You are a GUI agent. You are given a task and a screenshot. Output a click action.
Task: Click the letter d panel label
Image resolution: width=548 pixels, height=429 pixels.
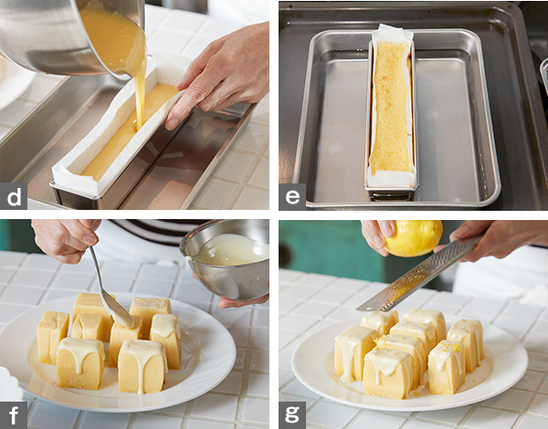click(14, 196)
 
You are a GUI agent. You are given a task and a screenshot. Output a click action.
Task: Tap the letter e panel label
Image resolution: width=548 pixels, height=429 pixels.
click(292, 196)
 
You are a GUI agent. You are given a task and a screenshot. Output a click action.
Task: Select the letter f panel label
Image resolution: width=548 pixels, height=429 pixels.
click(14, 415)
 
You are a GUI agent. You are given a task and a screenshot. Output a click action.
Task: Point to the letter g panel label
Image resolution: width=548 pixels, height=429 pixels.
click(292, 415)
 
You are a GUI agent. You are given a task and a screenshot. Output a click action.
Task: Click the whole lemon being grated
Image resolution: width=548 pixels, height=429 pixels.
click(414, 237)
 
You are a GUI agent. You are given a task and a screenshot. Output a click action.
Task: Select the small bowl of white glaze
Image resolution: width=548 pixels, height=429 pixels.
click(227, 258)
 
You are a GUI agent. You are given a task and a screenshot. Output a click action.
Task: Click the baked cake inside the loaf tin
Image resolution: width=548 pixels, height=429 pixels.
click(392, 107)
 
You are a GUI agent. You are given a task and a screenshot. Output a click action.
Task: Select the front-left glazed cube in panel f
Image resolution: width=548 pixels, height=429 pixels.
click(80, 363)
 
